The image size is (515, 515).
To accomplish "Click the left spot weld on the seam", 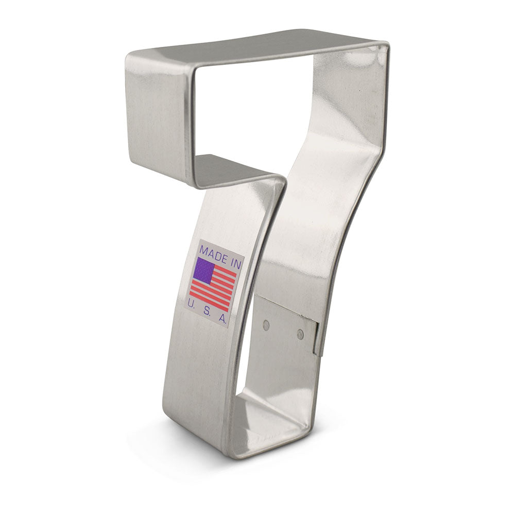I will pos(266,325).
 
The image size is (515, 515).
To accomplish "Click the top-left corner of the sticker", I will pos(200,241).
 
